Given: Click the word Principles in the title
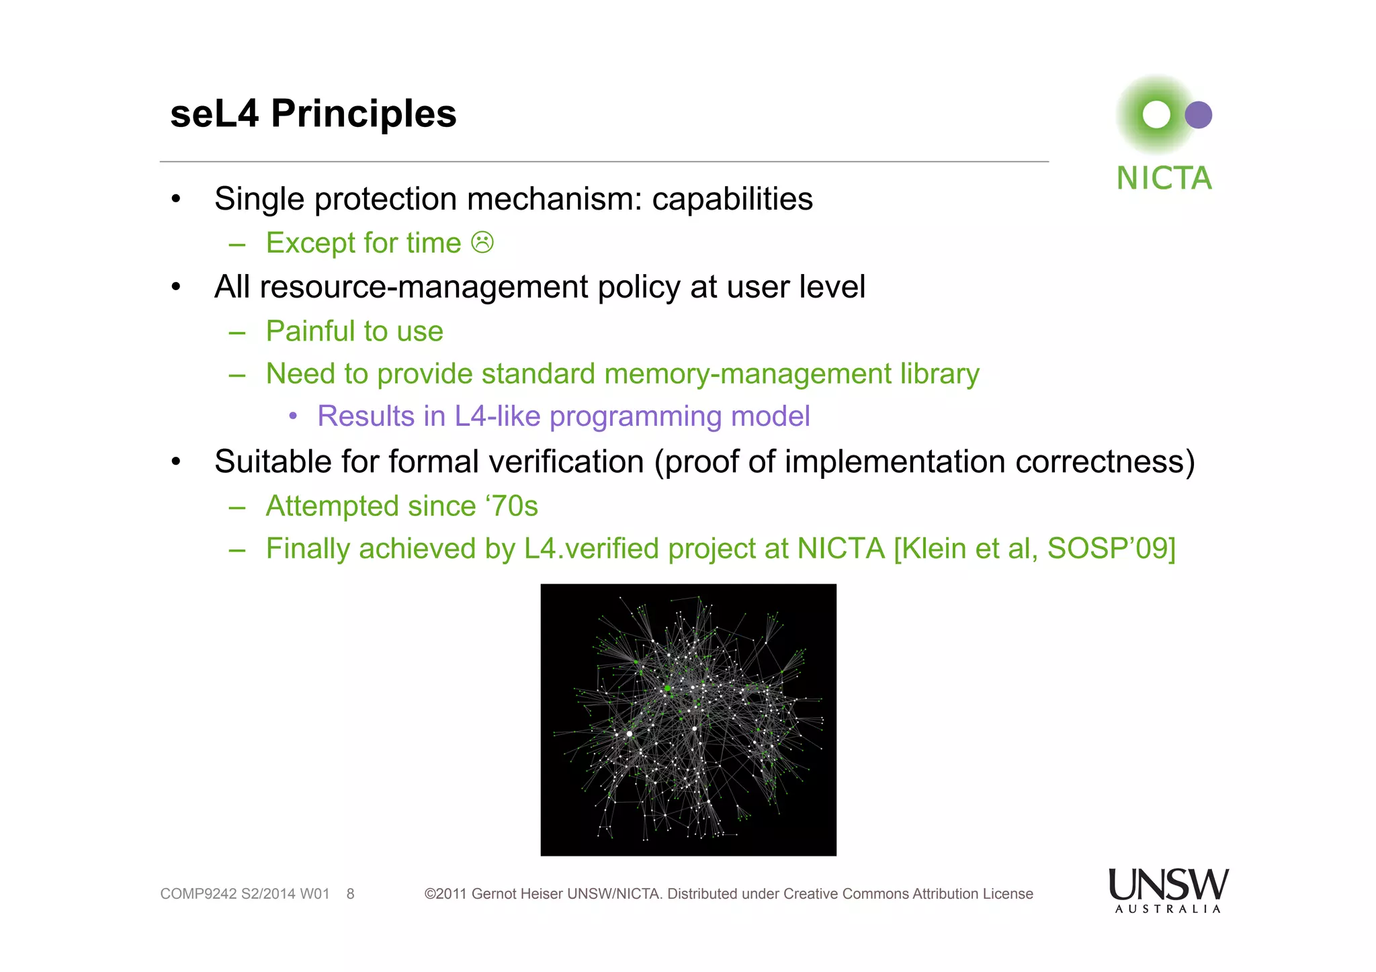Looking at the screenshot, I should point(363,114).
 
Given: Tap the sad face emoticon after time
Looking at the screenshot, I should point(482,242).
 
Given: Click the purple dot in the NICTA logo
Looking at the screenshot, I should point(1198,115).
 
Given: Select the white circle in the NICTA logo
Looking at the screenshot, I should point(1156,115).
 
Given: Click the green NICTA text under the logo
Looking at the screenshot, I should point(1164,179).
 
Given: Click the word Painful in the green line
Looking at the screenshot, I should point(310,332).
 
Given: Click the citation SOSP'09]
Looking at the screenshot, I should point(1111,549).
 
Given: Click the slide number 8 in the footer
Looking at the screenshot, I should point(350,894).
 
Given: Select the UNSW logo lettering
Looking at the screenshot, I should point(1168,885).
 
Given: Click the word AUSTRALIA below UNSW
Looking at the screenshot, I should point(1168,910).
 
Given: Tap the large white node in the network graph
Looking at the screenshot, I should point(630,734).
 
